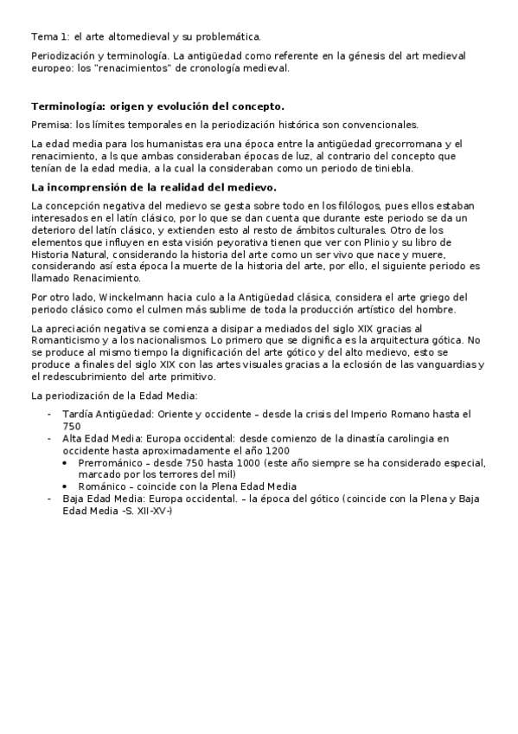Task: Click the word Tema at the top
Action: [43, 37]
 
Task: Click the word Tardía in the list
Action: [79, 414]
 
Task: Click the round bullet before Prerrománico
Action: [68, 464]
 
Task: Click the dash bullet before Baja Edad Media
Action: [50, 500]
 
